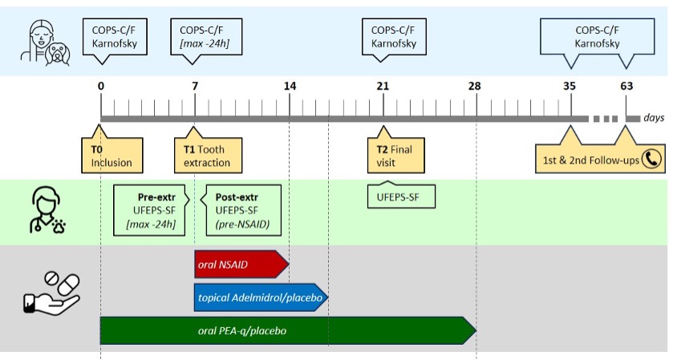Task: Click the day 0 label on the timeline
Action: pyautogui.click(x=100, y=86)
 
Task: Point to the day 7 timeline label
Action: pyautogui.click(x=195, y=86)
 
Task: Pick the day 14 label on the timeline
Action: pyautogui.click(x=290, y=86)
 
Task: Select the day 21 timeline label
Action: pyautogui.click(x=383, y=86)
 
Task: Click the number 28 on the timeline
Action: pyautogui.click(x=476, y=86)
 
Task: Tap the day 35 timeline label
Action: pyautogui.click(x=569, y=86)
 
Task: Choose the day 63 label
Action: pyautogui.click(x=626, y=86)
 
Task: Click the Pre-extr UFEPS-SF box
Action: pyautogui.click(x=150, y=209)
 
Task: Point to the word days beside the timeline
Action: pyautogui.click(x=653, y=118)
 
